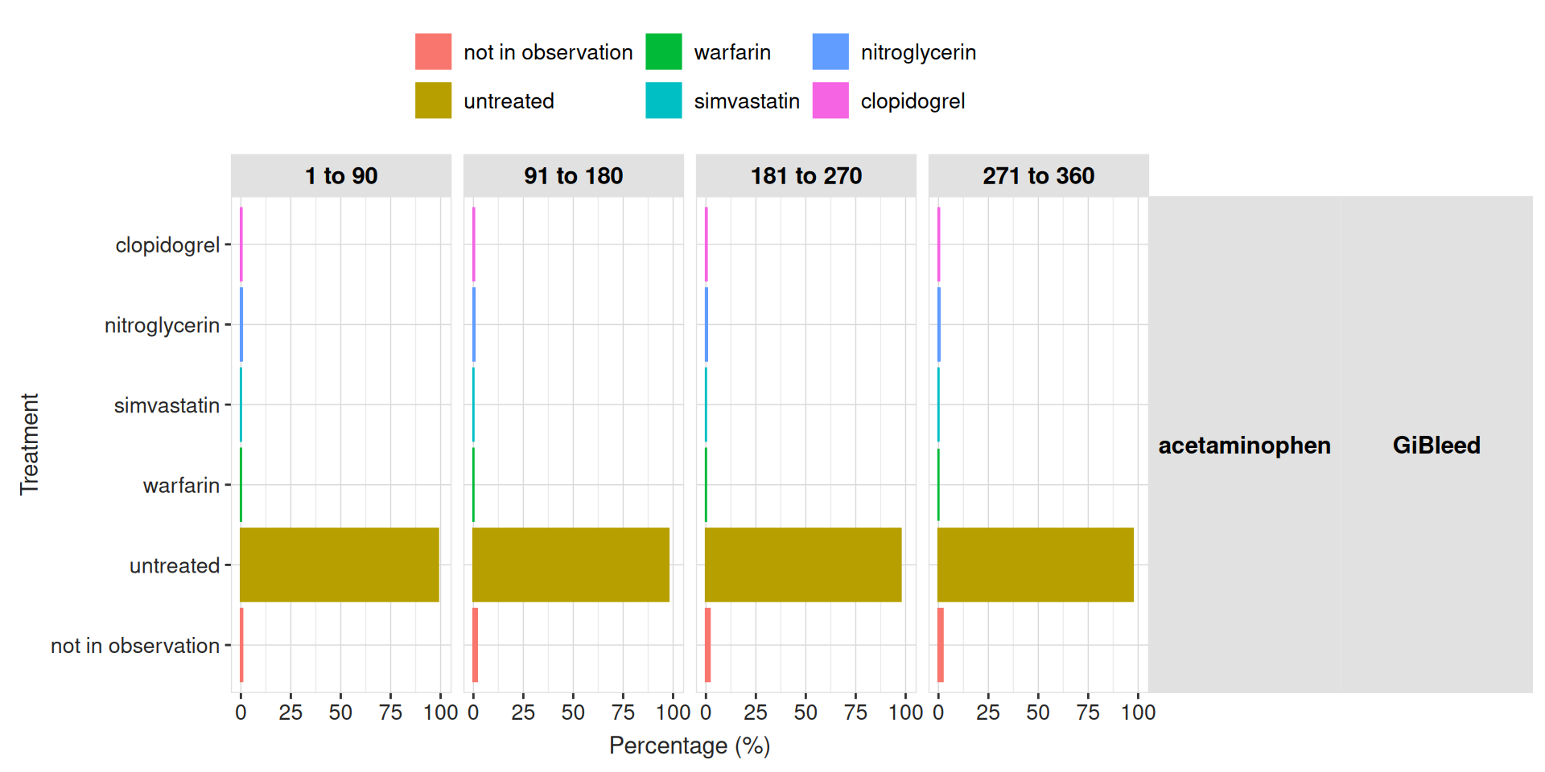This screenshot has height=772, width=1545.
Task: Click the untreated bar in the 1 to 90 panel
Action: [x=340, y=565]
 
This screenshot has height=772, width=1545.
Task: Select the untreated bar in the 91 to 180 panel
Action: [x=571, y=565]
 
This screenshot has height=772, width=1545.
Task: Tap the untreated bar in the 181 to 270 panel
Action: [x=803, y=565]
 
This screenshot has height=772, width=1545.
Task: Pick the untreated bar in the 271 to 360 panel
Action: [x=1036, y=565]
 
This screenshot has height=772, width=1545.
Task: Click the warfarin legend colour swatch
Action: [x=663, y=51]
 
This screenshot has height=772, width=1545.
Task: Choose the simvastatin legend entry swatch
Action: [x=663, y=101]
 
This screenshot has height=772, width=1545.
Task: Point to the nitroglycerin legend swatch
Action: [x=830, y=51]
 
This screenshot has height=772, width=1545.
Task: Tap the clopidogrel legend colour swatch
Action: [x=830, y=101]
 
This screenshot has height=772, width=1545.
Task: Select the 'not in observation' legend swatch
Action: [x=433, y=51]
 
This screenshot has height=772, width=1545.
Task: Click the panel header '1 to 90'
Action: [x=341, y=175]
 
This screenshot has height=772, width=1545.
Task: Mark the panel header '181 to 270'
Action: [x=806, y=175]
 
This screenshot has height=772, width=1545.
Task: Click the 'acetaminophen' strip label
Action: [x=1244, y=445]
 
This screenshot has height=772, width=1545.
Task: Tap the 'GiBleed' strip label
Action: [x=1436, y=445]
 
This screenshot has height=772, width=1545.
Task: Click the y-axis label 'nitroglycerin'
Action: [x=162, y=325]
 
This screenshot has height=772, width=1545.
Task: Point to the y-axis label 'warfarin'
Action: [x=181, y=485]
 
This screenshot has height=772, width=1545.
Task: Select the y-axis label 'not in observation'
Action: [x=135, y=645]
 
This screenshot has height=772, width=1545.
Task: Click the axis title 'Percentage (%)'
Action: [x=690, y=745]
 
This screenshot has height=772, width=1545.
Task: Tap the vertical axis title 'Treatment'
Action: [x=29, y=444]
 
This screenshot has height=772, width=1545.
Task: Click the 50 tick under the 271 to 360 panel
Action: [x=1038, y=712]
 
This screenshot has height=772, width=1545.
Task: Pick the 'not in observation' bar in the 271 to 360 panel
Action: [x=941, y=645]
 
